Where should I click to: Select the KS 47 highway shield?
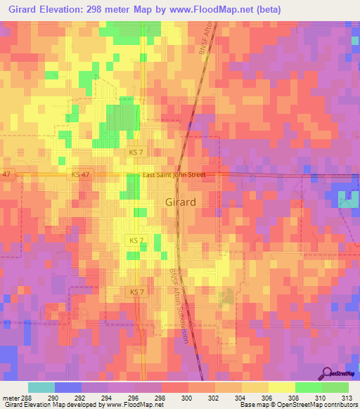pyautogui.click(x=77, y=174)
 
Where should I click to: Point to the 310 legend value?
pyautogui.click(x=322, y=396)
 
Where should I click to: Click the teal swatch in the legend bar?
pyautogui.click(x=41, y=387)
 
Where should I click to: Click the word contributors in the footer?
pyautogui.click(x=339, y=405)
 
